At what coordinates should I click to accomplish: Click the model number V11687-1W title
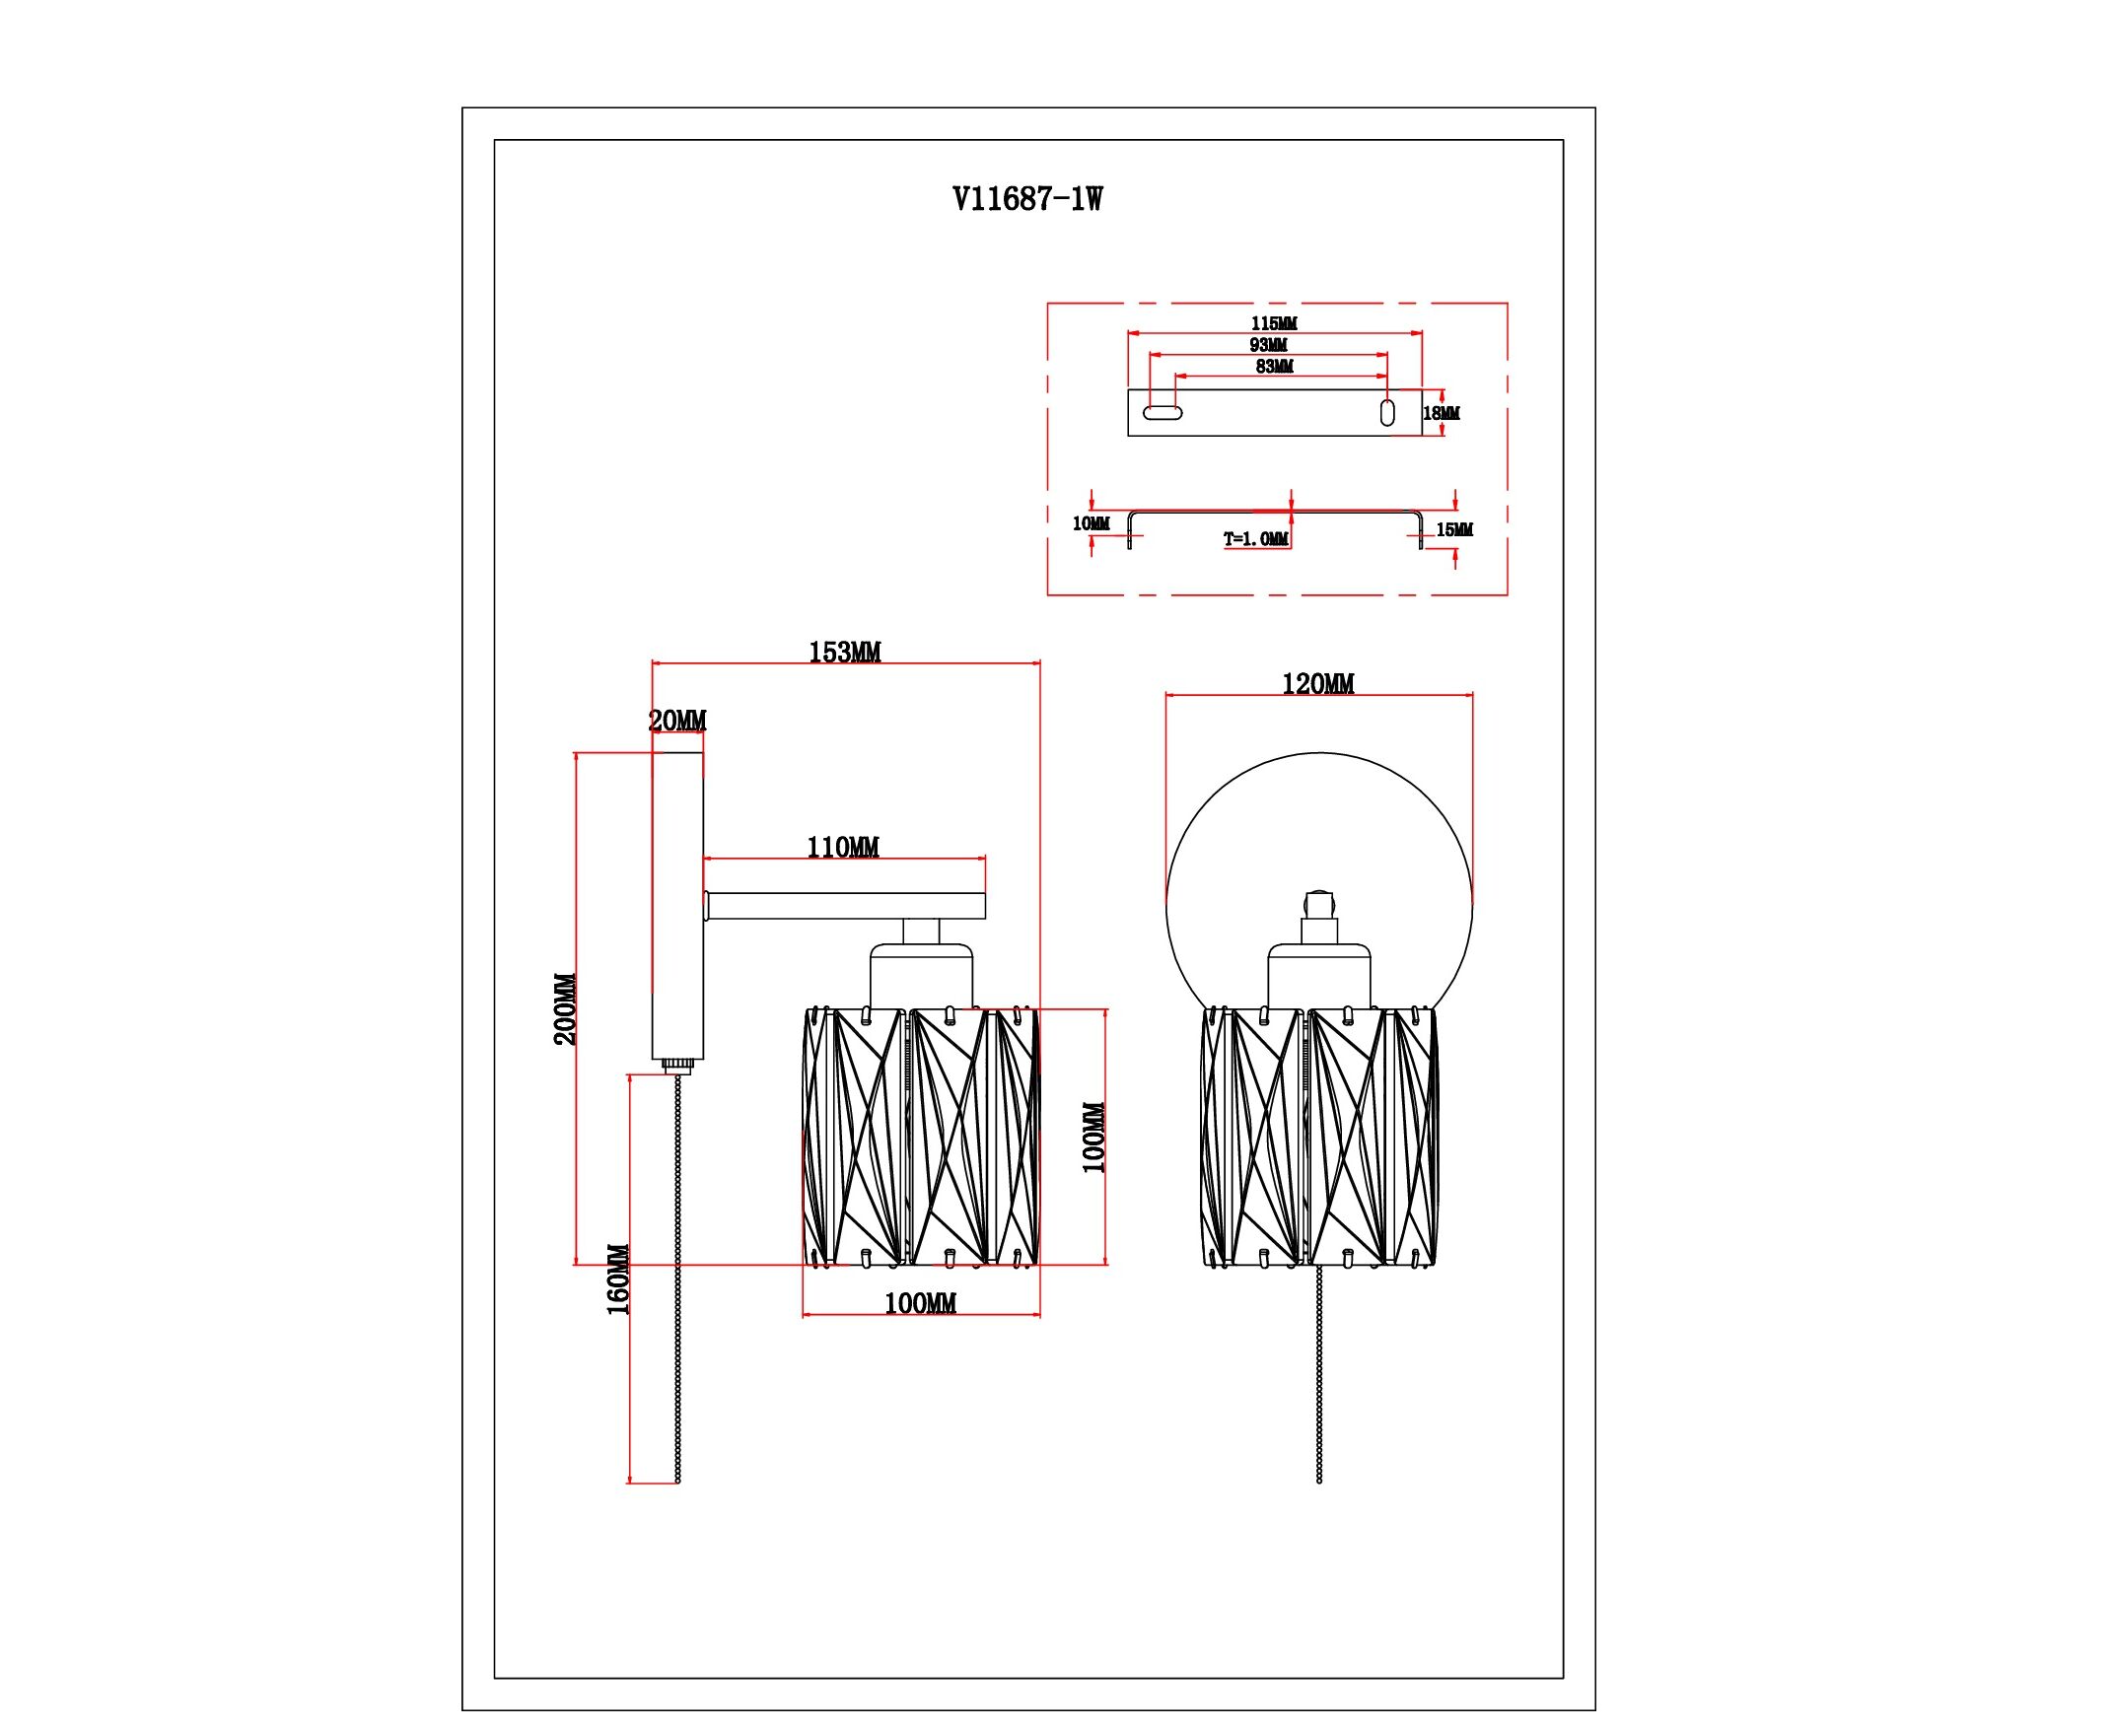pyautogui.click(x=1027, y=200)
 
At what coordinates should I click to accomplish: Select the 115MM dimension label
pyautogui.click(x=1274, y=323)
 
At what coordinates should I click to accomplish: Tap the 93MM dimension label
pyautogui.click(x=1268, y=346)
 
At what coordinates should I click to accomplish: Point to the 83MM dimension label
pyautogui.click(x=1274, y=367)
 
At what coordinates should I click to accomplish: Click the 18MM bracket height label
pyautogui.click(x=1442, y=413)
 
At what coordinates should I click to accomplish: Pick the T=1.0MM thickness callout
pyautogui.click(x=1256, y=539)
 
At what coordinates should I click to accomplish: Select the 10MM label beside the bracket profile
pyautogui.click(x=1090, y=523)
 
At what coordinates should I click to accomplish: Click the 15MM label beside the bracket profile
pyautogui.click(x=1453, y=530)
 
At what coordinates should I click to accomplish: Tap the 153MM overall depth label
pyautogui.click(x=844, y=653)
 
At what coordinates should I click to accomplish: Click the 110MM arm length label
pyautogui.click(x=843, y=848)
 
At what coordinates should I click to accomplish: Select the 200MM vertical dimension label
pyautogui.click(x=565, y=1009)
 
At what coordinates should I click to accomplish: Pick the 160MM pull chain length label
pyautogui.click(x=618, y=1279)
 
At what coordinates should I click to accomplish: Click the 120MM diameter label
pyautogui.click(x=1317, y=684)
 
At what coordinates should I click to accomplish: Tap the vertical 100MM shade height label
pyautogui.click(x=1093, y=1138)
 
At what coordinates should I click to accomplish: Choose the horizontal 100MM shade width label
pyautogui.click(x=921, y=1304)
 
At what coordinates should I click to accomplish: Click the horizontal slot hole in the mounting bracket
pyautogui.click(x=1162, y=412)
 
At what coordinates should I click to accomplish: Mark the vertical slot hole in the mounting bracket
pyautogui.click(x=1386, y=412)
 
